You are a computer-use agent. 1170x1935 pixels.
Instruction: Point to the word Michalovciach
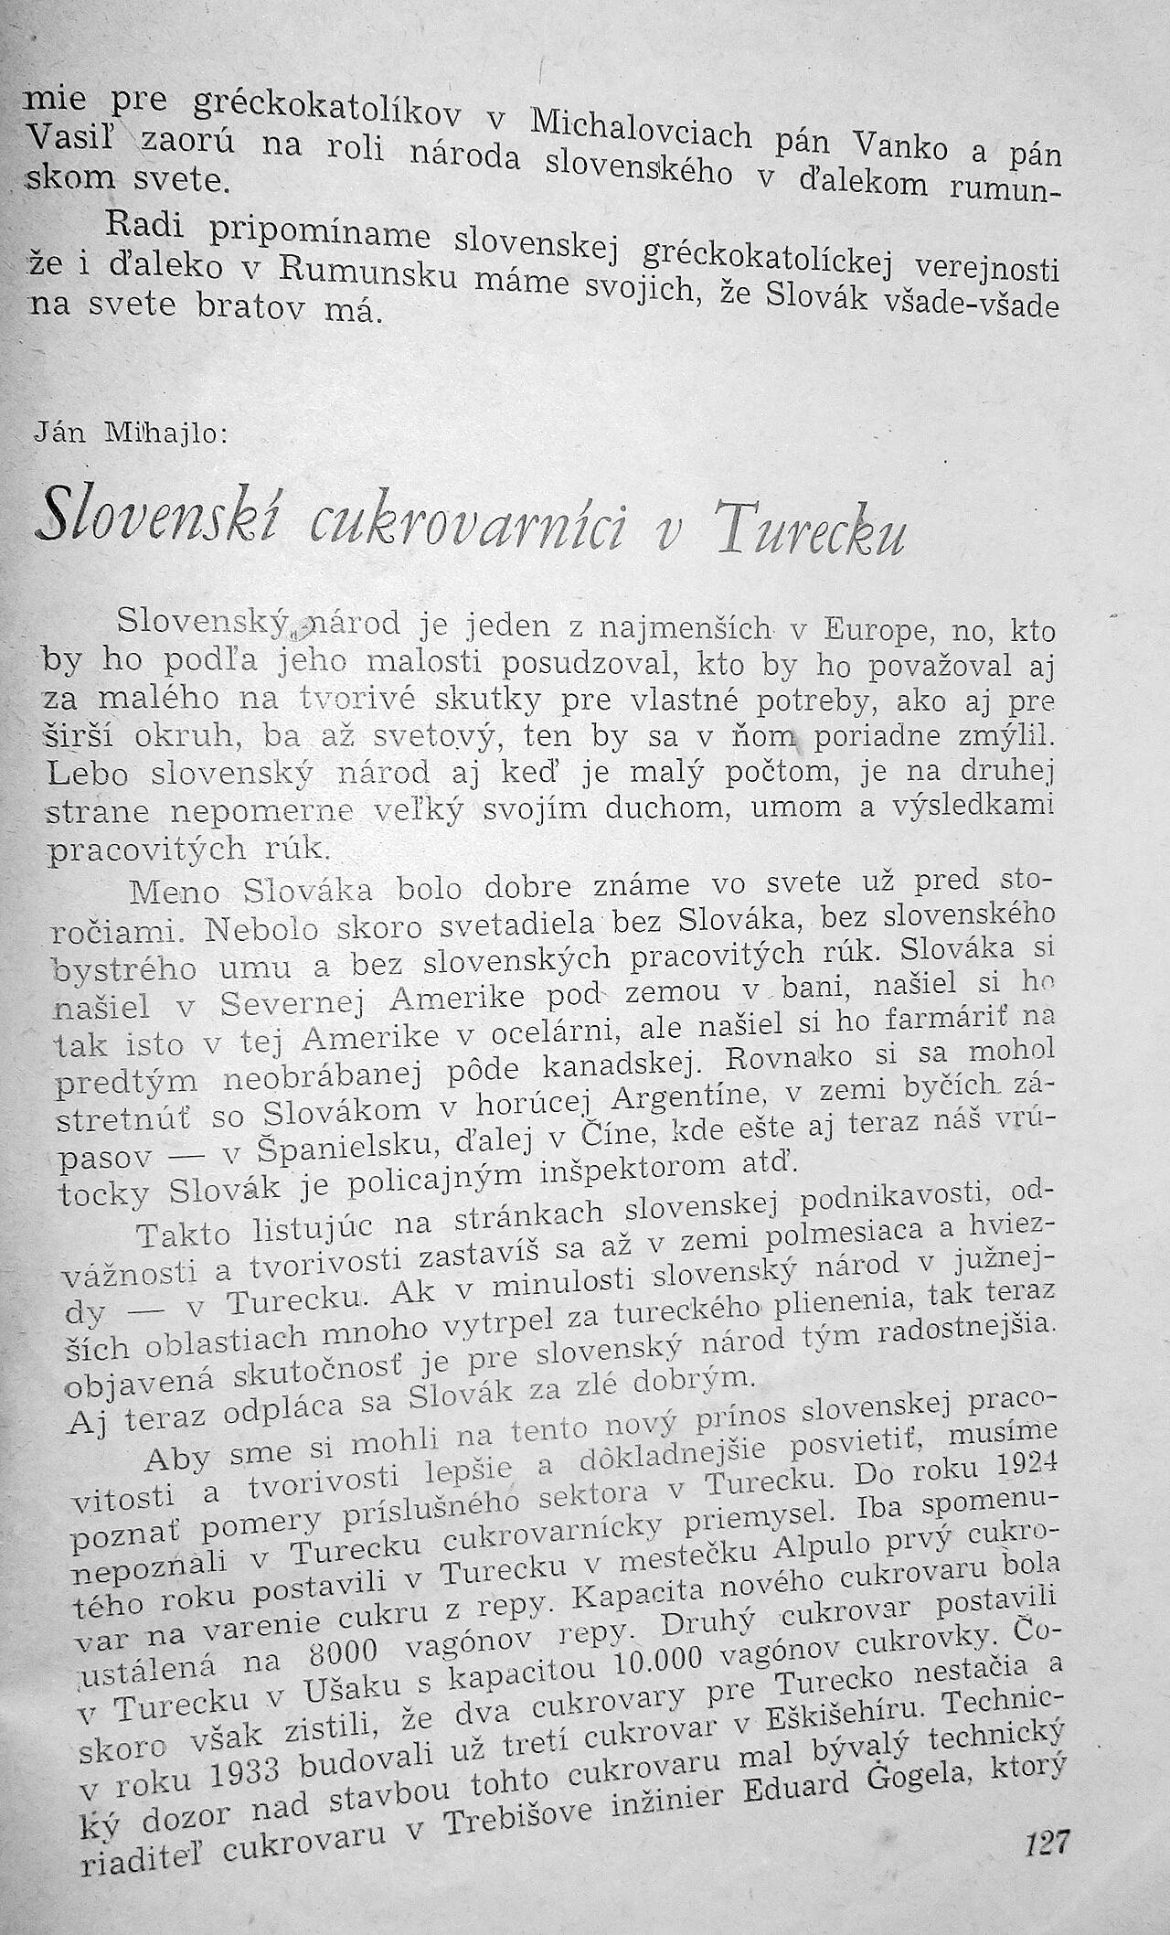(x=640, y=127)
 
